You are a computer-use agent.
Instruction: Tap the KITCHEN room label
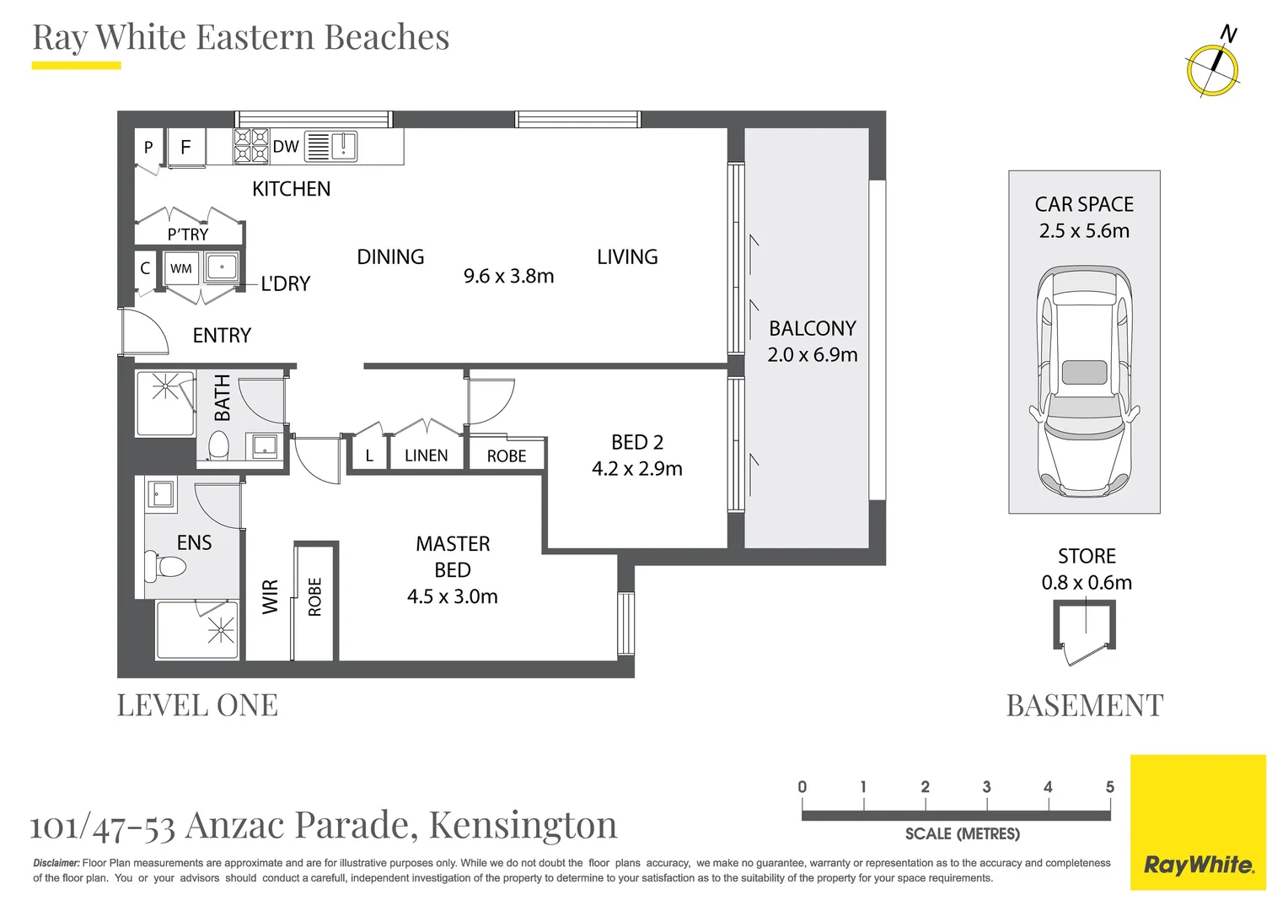(x=291, y=189)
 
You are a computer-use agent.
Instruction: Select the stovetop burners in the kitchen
(x=251, y=146)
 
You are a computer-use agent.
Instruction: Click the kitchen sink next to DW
(x=331, y=146)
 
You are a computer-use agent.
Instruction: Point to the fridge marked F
(x=185, y=148)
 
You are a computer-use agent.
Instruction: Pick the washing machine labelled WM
(x=181, y=268)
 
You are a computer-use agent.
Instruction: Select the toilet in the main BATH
(x=218, y=445)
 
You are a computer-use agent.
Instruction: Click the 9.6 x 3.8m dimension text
(x=508, y=276)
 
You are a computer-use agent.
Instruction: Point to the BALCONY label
(x=813, y=329)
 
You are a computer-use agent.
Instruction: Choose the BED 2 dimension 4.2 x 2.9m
(x=637, y=468)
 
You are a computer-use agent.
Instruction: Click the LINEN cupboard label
(x=426, y=455)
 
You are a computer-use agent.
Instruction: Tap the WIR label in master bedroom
(x=271, y=596)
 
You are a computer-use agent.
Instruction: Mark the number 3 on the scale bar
(x=987, y=787)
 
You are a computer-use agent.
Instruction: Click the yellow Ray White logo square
(x=1199, y=822)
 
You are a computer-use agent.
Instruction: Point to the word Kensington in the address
(x=523, y=826)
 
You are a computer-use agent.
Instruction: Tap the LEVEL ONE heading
(x=198, y=705)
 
